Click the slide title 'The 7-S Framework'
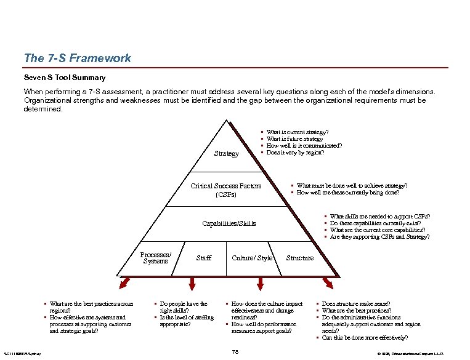[77, 58]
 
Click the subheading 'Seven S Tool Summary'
[65, 78]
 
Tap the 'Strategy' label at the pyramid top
[226, 153]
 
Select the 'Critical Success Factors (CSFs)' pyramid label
[226, 190]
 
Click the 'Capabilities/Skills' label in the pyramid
[229, 223]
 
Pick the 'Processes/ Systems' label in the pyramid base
[155, 258]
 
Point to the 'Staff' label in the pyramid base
[203, 258]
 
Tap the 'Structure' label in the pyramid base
[300, 258]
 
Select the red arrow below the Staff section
[192, 283]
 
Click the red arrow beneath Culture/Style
[256, 283]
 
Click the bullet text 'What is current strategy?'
[297, 132]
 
